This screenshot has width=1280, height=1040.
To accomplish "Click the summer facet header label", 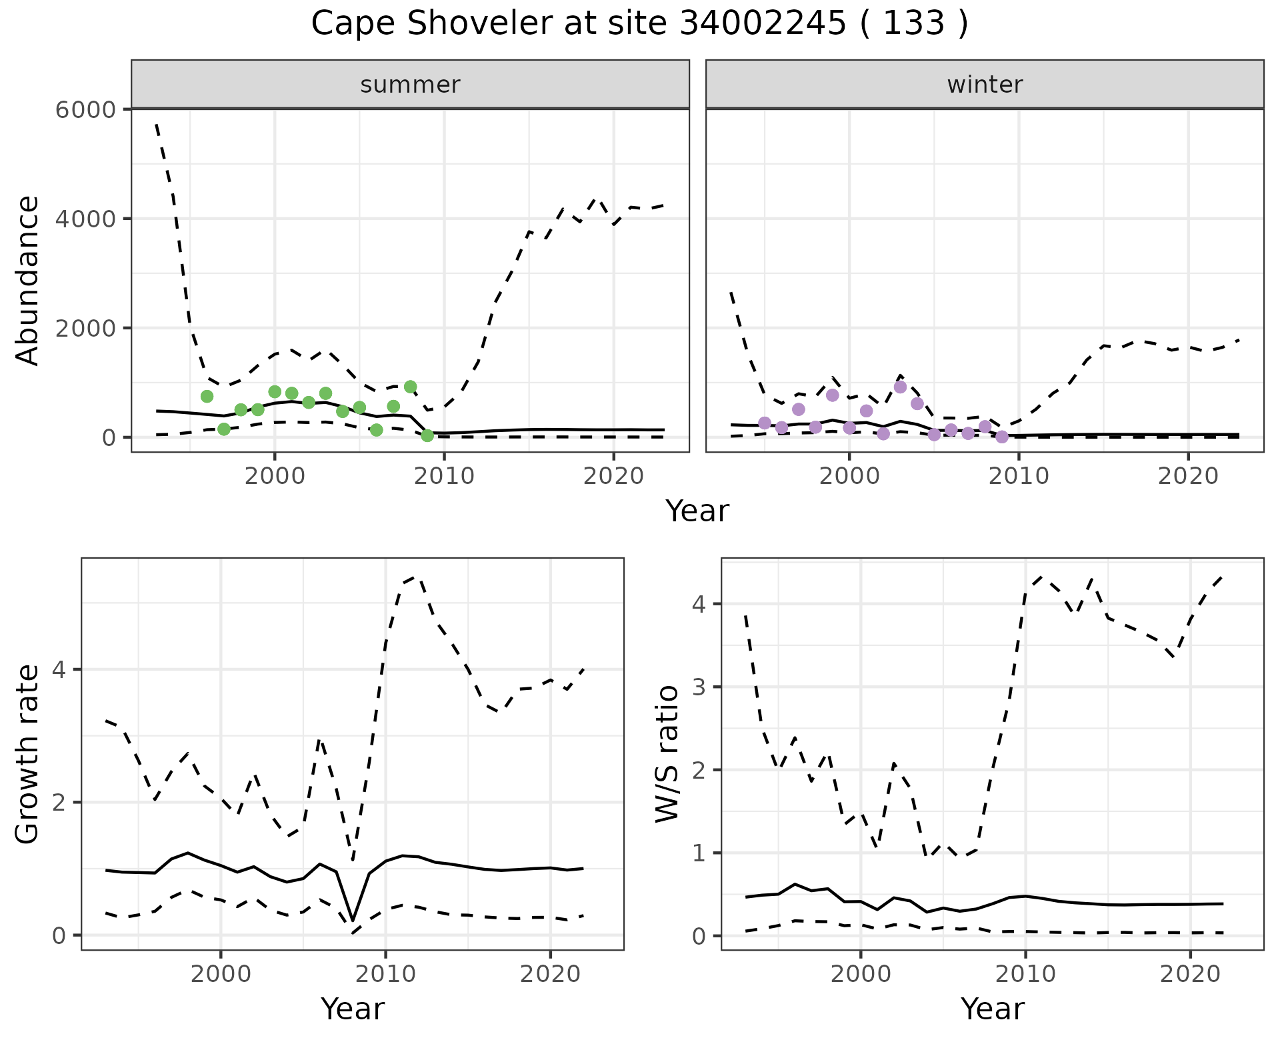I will point(410,85).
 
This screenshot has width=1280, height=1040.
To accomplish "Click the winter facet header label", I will point(985,85).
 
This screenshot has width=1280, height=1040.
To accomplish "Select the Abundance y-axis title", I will point(28,280).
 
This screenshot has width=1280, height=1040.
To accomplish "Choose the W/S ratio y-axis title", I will point(667,754).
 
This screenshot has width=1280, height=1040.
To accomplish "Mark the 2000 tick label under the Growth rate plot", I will point(221,974).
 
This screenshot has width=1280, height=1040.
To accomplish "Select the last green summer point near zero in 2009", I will point(427,435).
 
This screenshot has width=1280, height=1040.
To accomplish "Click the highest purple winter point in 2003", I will point(900,387).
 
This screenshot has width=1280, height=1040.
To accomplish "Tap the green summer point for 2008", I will point(411,387).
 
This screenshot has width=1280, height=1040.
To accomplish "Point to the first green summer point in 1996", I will point(207,396).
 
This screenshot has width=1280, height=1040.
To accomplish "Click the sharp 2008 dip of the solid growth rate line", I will point(353,920).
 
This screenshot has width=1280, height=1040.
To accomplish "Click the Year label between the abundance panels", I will point(697,511).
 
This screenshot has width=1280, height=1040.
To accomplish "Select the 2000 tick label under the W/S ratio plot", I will point(861,974).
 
